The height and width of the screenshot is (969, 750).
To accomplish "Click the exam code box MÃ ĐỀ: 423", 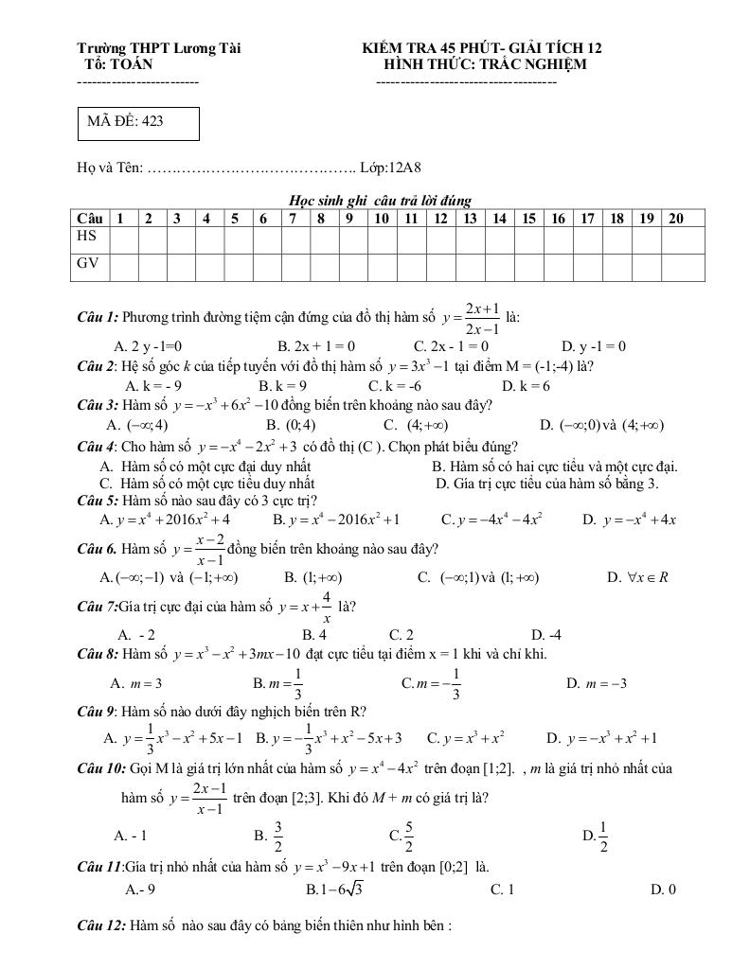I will [x=138, y=122].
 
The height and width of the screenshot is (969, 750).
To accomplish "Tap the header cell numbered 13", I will [x=470, y=219].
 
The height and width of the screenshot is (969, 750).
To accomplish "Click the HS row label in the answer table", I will [x=87, y=238].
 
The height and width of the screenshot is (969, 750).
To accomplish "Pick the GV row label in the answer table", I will [x=88, y=264].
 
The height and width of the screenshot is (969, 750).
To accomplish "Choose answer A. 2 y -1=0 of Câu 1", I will [x=148, y=346].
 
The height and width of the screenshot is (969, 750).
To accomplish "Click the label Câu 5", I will [x=98, y=500].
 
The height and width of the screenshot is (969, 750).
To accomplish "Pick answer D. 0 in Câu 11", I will [x=663, y=890].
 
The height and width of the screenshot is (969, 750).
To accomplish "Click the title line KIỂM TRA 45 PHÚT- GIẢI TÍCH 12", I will [x=483, y=47].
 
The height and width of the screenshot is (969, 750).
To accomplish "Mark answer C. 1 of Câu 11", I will [x=502, y=890].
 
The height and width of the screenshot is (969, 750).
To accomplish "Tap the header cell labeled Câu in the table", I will [x=90, y=219].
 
